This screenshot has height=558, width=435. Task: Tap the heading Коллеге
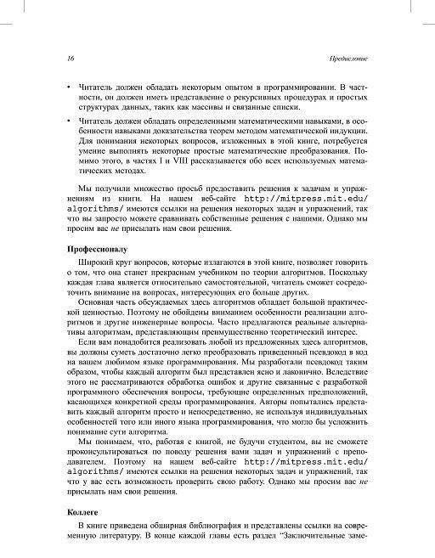click(82, 512)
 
